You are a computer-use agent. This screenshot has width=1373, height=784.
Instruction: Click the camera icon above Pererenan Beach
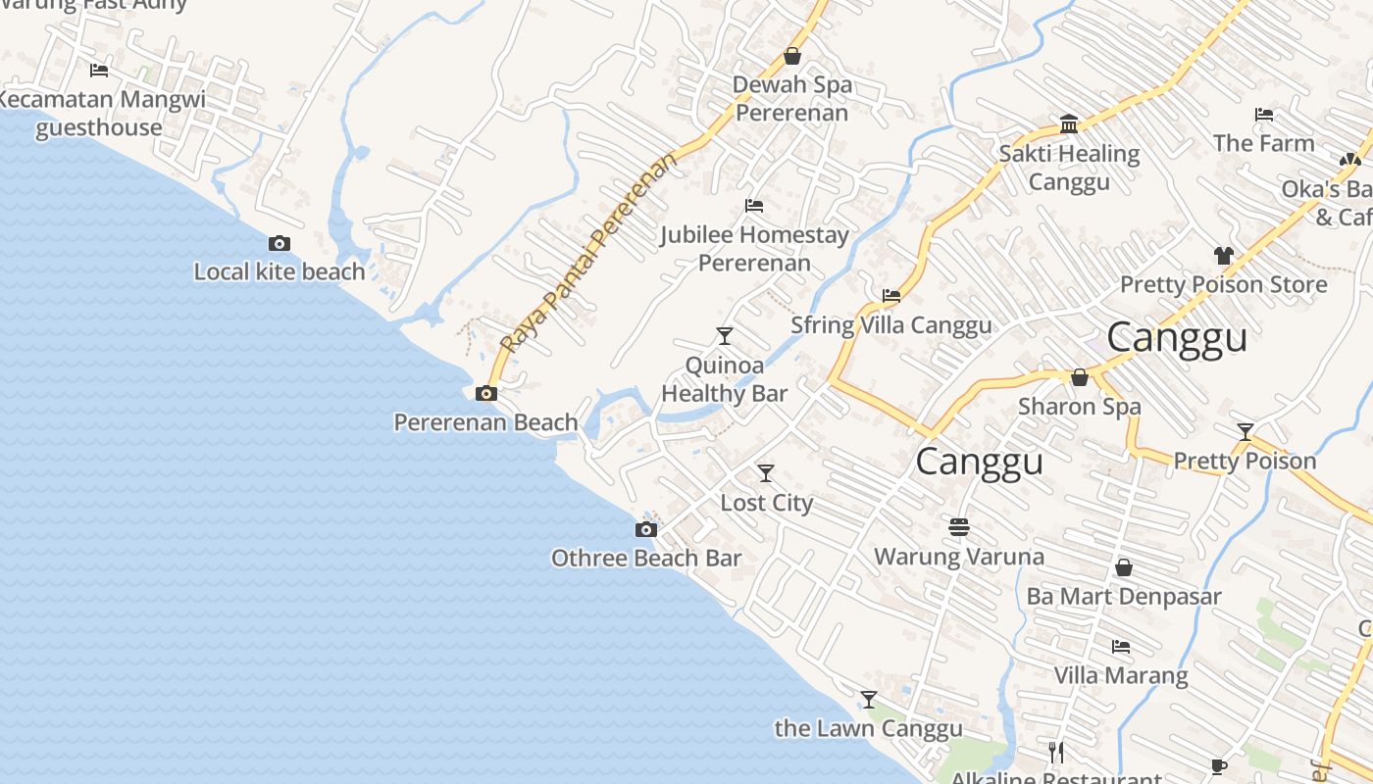click(485, 394)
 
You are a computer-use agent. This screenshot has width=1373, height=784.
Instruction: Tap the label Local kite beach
click(280, 271)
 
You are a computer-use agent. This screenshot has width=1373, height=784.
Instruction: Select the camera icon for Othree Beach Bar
click(645, 530)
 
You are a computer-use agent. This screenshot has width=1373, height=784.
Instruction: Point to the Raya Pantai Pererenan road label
click(586, 253)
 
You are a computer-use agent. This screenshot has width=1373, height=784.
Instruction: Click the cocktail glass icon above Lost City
click(766, 473)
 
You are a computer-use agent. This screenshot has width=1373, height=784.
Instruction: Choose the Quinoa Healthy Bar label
click(724, 379)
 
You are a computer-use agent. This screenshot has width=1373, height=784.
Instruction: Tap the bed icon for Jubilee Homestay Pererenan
click(754, 206)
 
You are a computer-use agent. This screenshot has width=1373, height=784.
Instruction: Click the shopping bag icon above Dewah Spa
click(791, 56)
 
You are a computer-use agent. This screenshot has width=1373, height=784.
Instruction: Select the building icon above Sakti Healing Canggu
click(1069, 123)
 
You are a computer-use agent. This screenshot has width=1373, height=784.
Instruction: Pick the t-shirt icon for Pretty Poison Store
click(1223, 256)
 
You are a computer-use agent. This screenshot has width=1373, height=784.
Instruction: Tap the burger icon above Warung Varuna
click(959, 527)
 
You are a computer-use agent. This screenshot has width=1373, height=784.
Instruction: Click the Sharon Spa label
click(1079, 406)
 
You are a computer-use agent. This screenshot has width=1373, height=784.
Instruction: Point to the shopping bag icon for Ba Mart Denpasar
click(1124, 567)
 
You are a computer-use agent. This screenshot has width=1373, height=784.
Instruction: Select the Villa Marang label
click(1120, 675)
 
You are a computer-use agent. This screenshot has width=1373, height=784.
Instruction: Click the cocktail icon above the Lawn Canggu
click(869, 699)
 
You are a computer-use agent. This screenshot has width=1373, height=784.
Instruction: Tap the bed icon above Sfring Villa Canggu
click(891, 295)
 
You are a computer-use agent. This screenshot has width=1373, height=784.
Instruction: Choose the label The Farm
click(1263, 143)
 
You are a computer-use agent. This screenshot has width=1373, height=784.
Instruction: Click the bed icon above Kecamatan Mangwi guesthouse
click(99, 70)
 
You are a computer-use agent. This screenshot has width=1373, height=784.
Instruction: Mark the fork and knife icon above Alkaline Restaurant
click(1056, 752)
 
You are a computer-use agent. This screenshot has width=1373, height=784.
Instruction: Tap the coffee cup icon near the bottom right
click(1219, 766)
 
